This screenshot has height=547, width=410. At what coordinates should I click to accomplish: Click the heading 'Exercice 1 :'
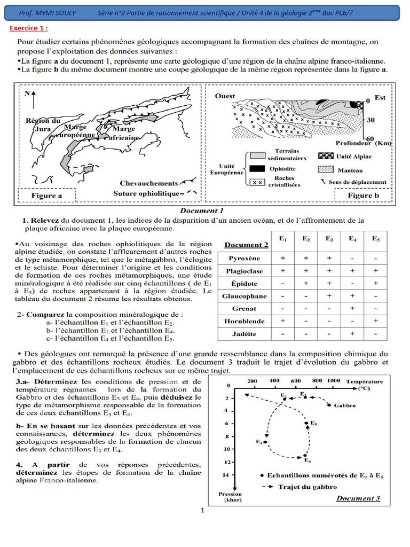pyautogui.click(x=29, y=28)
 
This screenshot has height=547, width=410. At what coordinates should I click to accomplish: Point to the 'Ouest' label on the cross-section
pyautogui.click(x=225, y=96)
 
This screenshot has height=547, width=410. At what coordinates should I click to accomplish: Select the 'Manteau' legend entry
pyautogui.click(x=350, y=170)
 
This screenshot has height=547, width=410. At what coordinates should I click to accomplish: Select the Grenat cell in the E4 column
pyautogui.click(x=352, y=308)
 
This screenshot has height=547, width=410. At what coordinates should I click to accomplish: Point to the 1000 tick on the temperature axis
pyautogui.click(x=333, y=381)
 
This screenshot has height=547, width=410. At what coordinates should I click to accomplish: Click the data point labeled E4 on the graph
pyautogui.click(x=305, y=456)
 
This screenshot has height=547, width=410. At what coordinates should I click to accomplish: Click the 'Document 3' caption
pyautogui.click(x=358, y=498)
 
